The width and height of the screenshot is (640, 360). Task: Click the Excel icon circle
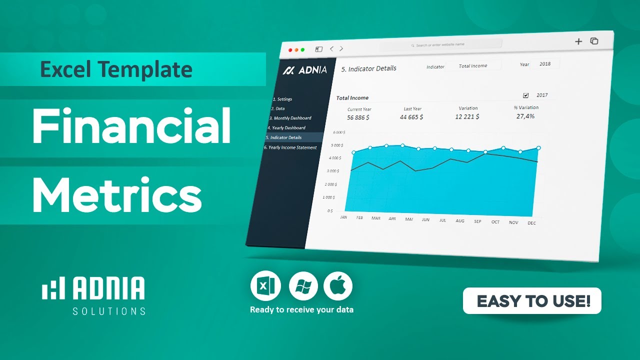click(265, 286)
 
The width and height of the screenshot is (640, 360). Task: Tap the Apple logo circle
click(338, 286)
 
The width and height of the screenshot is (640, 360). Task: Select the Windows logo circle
click(303, 286)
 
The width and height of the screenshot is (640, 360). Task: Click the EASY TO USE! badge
click(532, 301)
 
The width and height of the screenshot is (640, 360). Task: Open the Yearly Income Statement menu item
click(291, 147)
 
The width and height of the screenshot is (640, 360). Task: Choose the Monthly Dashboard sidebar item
click(290, 118)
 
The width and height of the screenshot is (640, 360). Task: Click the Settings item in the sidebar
click(283, 99)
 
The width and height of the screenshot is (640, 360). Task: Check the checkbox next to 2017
click(525, 95)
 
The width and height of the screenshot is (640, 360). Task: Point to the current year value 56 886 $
click(358, 117)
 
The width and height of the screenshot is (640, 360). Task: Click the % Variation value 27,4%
click(525, 116)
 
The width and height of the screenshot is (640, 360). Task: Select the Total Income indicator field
click(472, 66)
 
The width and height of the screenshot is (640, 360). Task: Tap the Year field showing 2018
click(544, 64)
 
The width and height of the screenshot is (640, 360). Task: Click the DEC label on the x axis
click(531, 223)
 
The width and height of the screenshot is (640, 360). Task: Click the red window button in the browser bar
click(290, 49)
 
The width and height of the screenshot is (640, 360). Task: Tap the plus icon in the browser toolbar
click(578, 41)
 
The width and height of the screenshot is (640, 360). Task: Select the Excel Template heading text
click(116, 69)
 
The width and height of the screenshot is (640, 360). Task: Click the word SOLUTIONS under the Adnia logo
click(109, 311)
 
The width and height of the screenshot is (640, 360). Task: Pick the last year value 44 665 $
click(411, 117)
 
